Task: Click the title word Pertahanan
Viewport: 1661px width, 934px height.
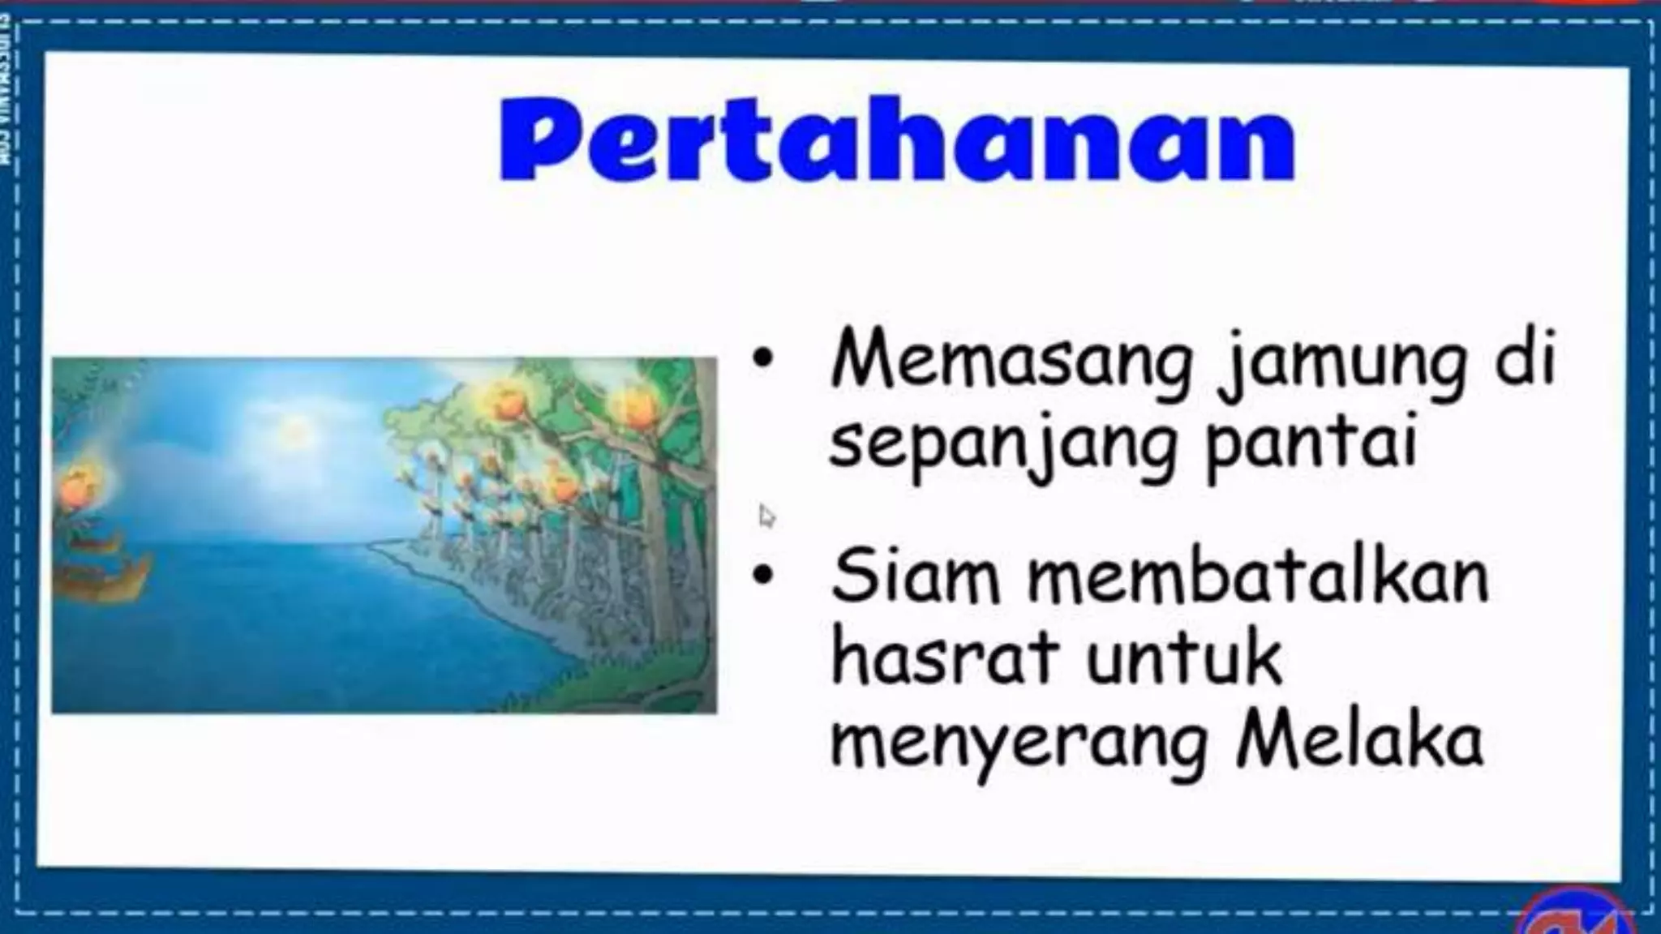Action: (x=896, y=139)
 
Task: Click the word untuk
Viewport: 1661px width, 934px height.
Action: (x=1183, y=658)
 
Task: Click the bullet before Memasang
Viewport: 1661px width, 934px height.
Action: (x=762, y=362)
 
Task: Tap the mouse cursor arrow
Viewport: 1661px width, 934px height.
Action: (x=766, y=516)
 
